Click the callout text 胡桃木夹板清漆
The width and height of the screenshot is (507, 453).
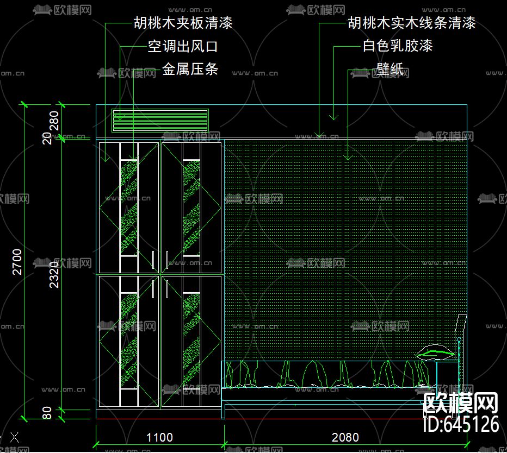click(183, 23)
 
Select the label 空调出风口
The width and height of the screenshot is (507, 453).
click(183, 47)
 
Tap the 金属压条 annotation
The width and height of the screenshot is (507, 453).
click(190, 70)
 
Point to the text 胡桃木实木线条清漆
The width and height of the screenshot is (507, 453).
click(412, 23)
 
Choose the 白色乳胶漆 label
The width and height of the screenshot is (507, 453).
click(398, 46)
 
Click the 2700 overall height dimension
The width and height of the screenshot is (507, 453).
click(17, 261)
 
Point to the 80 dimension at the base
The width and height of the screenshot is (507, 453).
click(47, 413)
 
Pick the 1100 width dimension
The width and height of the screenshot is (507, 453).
click(160, 437)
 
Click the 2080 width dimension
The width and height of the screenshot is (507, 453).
click(345, 437)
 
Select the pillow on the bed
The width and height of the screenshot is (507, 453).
click(435, 353)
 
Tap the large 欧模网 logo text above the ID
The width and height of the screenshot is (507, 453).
click(461, 404)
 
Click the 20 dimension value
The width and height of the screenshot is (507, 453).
click(47, 138)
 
